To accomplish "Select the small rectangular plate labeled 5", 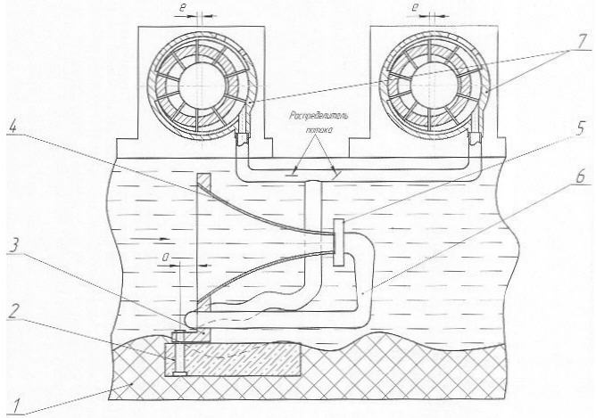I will tap(338, 242).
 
